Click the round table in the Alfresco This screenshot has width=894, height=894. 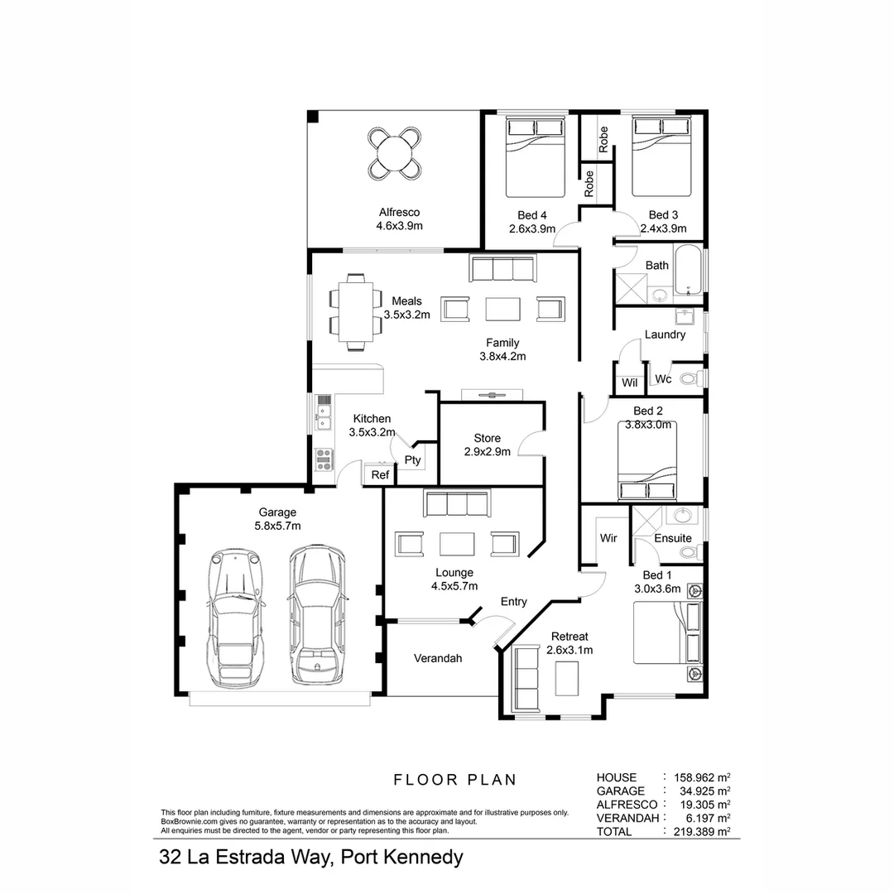(394, 152)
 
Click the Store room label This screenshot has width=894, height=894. (487, 438)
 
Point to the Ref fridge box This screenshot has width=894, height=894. (380, 475)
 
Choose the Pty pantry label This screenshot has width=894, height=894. (412, 460)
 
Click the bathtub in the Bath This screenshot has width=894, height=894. (688, 270)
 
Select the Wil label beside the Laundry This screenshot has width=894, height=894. (629, 382)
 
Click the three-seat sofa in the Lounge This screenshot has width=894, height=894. (456, 503)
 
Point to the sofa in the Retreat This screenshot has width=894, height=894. (526, 677)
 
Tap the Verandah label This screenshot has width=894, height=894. (438, 659)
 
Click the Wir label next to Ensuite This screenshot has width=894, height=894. (608, 538)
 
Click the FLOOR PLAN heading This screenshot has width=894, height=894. (454, 779)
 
